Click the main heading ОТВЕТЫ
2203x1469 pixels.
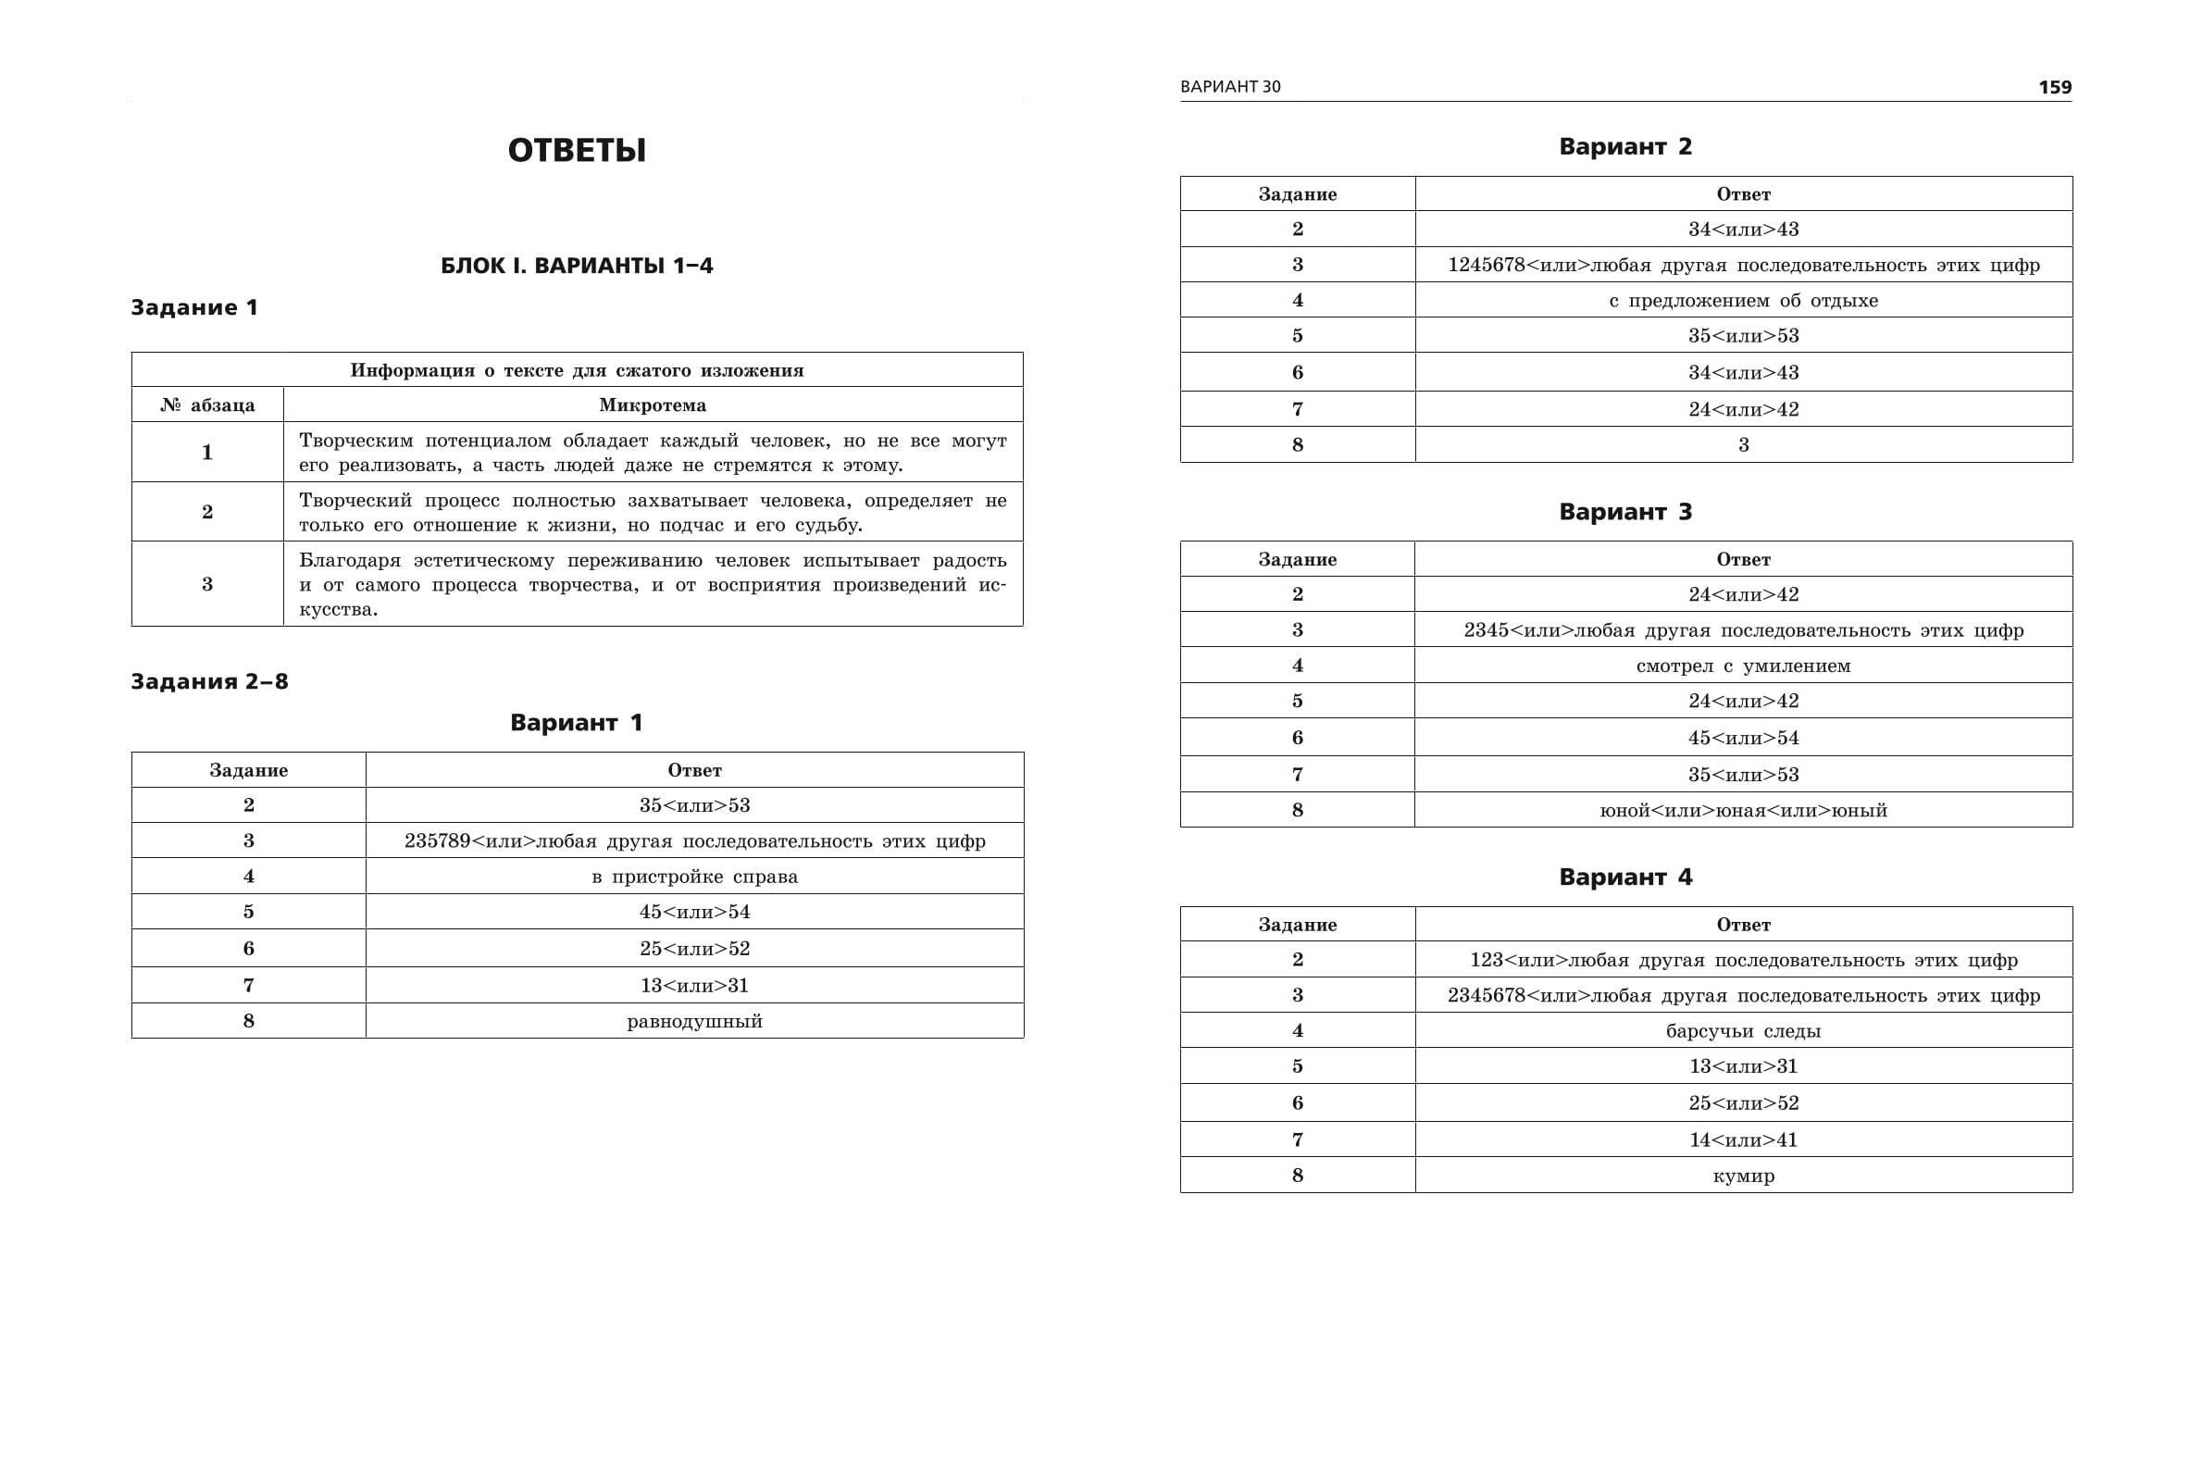(576, 151)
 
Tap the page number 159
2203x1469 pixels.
(2055, 87)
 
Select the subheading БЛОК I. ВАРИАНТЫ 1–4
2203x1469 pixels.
(576, 266)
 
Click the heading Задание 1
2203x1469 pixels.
(193, 307)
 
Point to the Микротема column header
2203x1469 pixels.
(652, 405)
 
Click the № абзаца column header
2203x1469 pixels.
(207, 405)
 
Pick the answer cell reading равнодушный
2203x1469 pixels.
(694, 1021)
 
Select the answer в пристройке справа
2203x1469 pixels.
(694, 877)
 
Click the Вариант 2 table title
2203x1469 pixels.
(1625, 147)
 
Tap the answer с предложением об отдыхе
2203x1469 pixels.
(1743, 301)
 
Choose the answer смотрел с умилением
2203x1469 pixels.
(1743, 666)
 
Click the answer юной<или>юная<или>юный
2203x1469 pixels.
(1743, 810)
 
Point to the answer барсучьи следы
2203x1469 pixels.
(1743, 1031)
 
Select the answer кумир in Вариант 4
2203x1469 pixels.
(1743, 1176)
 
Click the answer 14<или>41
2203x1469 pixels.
(1743, 1140)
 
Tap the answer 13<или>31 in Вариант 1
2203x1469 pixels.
(694, 986)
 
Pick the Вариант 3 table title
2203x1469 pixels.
(1625, 513)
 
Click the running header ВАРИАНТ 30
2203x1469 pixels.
(1230, 87)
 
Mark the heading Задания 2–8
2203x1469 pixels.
(209, 681)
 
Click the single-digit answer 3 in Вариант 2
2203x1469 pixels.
(1743, 445)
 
